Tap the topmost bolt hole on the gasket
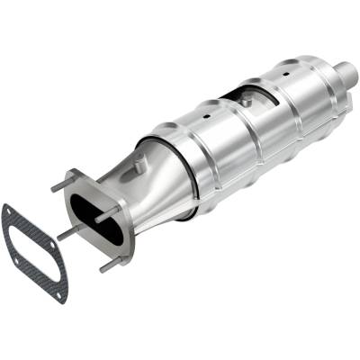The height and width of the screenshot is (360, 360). [x=8, y=209]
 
